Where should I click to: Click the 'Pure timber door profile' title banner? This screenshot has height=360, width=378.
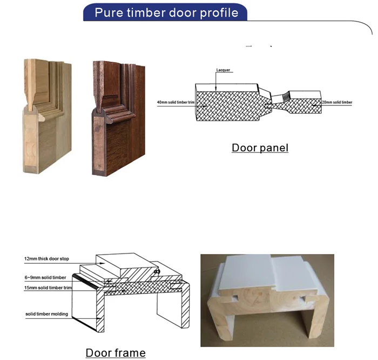pyautogui.click(x=166, y=12)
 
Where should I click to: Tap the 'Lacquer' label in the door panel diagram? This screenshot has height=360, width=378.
pyautogui.click(x=224, y=70)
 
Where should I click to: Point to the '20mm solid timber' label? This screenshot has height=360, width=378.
pyautogui.click(x=338, y=102)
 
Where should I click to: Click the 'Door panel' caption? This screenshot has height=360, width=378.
pyautogui.click(x=260, y=147)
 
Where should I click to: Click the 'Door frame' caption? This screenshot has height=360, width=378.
pyautogui.click(x=116, y=353)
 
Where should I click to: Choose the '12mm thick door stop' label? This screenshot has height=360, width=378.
pyautogui.click(x=47, y=259)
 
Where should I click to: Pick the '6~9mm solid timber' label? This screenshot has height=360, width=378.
pyautogui.click(x=45, y=277)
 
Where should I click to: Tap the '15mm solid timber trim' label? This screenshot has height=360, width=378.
pyautogui.click(x=48, y=288)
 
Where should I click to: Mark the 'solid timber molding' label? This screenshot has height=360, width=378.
pyautogui.click(x=46, y=314)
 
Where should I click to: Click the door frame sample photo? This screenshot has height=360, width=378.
pyautogui.click(x=267, y=300)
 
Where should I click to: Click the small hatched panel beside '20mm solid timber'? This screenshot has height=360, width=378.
pyautogui.click(x=305, y=102)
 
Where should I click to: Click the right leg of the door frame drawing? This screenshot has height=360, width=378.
pyautogui.click(x=172, y=308)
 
